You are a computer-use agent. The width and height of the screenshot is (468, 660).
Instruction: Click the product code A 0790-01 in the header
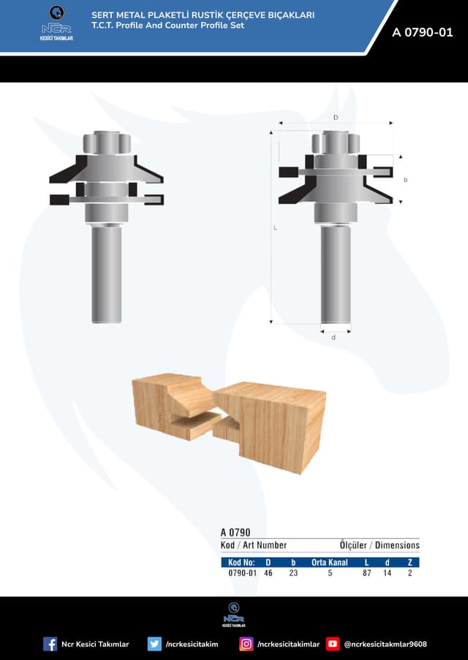point(422,32)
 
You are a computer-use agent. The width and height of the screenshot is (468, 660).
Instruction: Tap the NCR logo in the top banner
point(56,23)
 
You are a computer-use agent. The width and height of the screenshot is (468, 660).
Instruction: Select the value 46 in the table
point(268,573)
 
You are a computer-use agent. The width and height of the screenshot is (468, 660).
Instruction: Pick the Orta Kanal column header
point(329,562)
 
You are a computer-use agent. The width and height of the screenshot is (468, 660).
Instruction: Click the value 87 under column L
point(366,573)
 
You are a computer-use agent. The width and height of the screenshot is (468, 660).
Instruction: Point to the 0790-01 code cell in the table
point(242,573)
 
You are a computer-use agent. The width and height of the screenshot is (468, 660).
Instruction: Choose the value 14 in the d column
point(387,573)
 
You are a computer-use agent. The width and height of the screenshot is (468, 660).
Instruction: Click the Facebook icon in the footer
point(50,644)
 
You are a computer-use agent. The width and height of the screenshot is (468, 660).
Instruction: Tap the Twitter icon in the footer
point(154,644)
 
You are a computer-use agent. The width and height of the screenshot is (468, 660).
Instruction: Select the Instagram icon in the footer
point(246,644)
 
